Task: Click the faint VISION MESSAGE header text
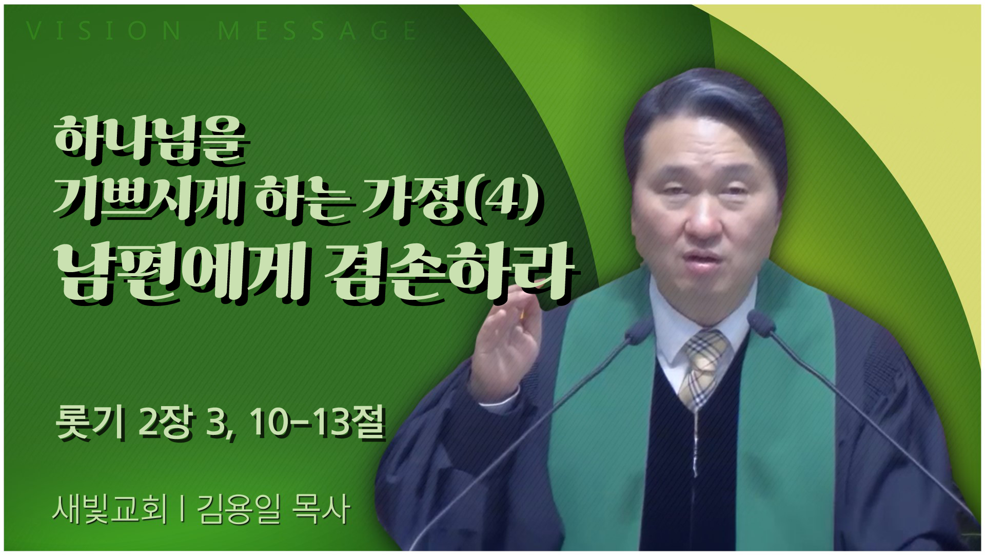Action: [221, 31]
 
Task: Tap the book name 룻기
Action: [90, 424]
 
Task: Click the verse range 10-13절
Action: [318, 424]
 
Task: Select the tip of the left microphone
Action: [639, 326]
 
